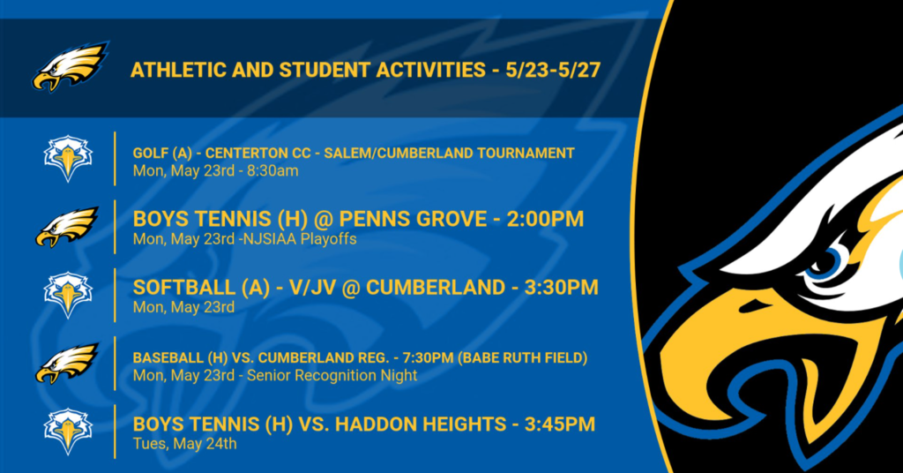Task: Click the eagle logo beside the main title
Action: [70, 66]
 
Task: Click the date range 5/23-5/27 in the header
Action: [553, 71]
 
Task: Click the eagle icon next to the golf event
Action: [68, 159]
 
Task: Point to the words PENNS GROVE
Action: [413, 219]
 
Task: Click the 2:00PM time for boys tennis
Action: [545, 219]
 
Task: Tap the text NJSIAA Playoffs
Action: [300, 239]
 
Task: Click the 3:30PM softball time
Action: [561, 287]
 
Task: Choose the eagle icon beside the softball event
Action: [68, 295]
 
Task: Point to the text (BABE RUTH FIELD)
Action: [522, 357]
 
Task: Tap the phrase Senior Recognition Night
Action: [332, 376]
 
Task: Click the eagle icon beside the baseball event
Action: [67, 363]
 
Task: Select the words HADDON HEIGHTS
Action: [413, 424]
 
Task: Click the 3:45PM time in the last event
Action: [559, 424]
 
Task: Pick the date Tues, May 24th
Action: [185, 444]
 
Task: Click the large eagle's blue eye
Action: [828, 263]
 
